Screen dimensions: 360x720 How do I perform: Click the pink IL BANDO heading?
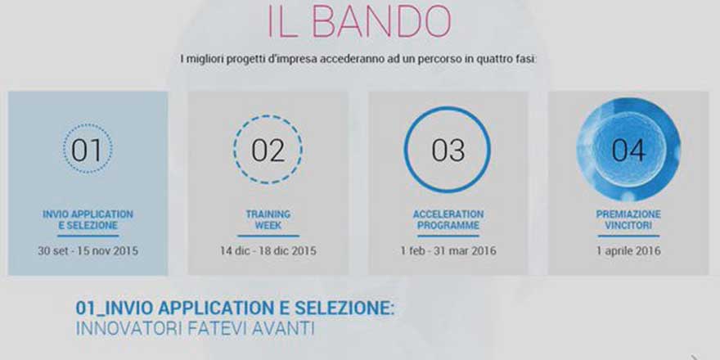click(x=359, y=23)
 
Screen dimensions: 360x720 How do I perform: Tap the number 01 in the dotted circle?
click(x=88, y=151)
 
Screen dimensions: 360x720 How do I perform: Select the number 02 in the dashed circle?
click(x=268, y=151)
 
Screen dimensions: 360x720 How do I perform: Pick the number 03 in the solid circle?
click(x=448, y=151)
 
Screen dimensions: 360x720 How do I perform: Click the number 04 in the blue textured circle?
click(x=628, y=151)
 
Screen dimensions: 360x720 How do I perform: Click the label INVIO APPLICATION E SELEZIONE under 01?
click(x=88, y=219)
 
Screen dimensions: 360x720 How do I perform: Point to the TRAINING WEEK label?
click(x=268, y=219)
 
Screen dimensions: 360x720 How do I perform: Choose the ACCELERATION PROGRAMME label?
click(x=448, y=219)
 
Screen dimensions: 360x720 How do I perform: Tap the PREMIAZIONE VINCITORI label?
click(x=628, y=219)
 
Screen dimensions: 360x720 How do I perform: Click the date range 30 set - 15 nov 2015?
click(x=88, y=250)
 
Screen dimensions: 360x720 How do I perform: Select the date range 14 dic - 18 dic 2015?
click(x=268, y=250)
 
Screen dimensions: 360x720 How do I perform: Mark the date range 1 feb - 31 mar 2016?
click(x=448, y=250)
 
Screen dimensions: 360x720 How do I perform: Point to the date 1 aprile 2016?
click(x=628, y=250)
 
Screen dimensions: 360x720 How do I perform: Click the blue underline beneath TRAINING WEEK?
click(x=268, y=236)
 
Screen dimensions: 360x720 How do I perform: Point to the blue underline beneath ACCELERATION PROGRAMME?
click(x=448, y=236)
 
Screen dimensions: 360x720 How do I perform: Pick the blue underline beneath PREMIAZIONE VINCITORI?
click(x=628, y=236)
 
